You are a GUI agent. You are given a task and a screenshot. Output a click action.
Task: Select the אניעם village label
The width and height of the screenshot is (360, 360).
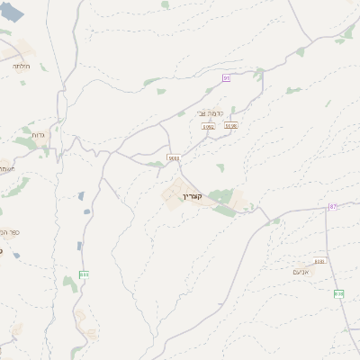coord(302,270)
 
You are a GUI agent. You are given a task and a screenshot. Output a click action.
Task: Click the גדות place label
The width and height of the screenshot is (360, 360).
coord(38,135)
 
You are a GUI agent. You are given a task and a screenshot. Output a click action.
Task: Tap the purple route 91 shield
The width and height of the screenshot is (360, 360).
coord(227,78)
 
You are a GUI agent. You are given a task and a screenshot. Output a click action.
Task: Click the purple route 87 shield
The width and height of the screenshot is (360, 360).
coord(332,207)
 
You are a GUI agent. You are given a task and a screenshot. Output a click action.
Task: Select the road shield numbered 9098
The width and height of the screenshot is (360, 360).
coord(231,126)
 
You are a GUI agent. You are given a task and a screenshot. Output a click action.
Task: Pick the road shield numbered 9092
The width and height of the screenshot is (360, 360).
coord(208,127)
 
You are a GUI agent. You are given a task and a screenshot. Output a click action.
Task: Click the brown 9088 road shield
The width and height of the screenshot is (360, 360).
coord(174,158)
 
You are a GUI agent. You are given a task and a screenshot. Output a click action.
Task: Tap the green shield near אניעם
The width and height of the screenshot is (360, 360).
coord(338,293)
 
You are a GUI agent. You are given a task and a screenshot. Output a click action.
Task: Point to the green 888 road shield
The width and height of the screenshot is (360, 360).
coord(85,274)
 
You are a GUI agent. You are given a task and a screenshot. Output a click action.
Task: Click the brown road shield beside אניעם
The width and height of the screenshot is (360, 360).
coord(319,262)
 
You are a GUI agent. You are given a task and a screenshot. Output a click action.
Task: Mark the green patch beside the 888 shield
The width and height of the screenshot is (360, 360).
coord(70,284)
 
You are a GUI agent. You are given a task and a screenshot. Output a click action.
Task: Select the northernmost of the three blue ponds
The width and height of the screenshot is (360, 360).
coord(81,194)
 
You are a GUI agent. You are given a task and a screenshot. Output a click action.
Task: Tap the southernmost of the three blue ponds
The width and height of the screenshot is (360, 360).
coord(79,245)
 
